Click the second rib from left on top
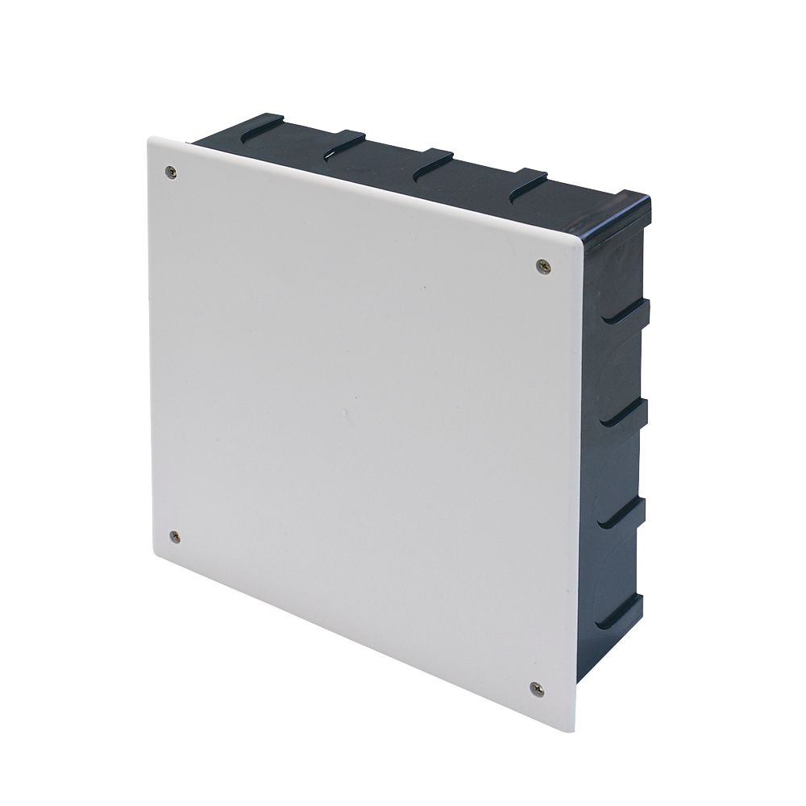[346, 145]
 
